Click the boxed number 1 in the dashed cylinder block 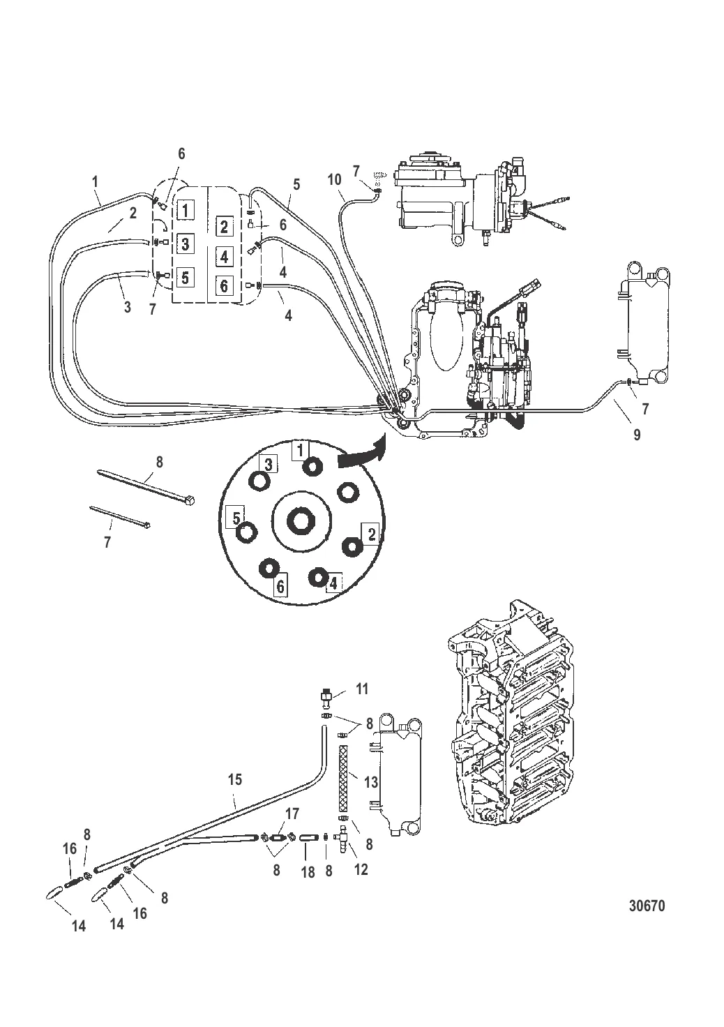point(185,210)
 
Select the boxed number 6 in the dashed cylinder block point(224,285)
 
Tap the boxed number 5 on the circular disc point(236,518)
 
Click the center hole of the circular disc point(301,520)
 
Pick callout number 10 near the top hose point(335,180)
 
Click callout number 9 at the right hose point(637,435)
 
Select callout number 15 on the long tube point(234,779)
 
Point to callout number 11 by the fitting point(361,701)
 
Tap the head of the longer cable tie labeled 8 point(191,499)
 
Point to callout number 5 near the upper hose point(296,185)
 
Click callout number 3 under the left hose point(128,307)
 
